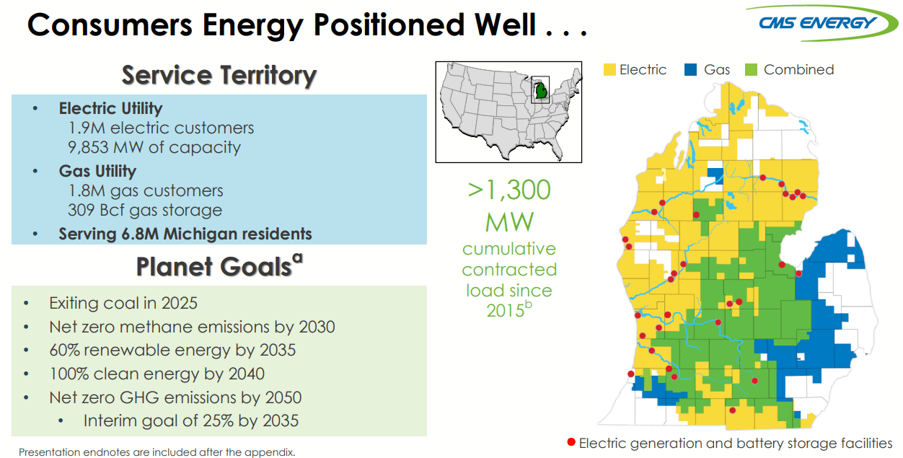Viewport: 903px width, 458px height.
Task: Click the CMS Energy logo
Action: point(820,23)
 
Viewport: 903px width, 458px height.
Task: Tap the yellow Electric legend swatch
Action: point(609,70)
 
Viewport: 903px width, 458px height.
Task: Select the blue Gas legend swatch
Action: point(690,70)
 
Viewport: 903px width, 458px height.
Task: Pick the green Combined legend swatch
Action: point(751,70)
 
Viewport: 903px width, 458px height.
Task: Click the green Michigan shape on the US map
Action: point(541,91)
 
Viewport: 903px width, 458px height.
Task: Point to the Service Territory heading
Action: point(219,75)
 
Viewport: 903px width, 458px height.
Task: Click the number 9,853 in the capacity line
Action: point(88,148)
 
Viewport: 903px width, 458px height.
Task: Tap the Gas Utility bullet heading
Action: point(97,171)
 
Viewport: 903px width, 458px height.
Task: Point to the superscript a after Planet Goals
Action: point(297,258)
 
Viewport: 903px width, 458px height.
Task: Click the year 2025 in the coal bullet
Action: point(180,303)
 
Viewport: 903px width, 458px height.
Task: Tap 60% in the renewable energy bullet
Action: point(64,350)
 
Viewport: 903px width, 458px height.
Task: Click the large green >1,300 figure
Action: point(509,190)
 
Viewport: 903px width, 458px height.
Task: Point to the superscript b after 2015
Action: point(528,304)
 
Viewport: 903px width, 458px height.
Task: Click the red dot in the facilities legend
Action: point(571,442)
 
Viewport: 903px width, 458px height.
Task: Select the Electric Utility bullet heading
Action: point(110,108)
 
